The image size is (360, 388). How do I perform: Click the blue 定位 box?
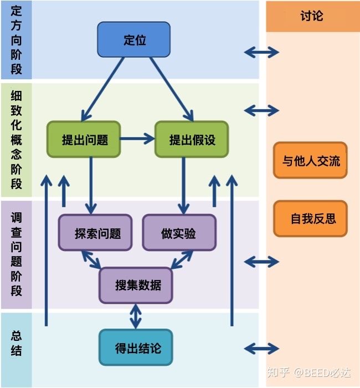coord(133,39)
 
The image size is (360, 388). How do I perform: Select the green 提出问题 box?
coord(84,139)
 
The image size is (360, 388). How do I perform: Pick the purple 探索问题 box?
coord(96,233)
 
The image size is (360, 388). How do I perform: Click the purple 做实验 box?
coord(179,233)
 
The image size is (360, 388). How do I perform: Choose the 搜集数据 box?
coord(136,285)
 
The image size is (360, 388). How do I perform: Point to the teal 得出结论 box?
coord(136,349)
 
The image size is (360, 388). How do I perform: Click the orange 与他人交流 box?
coord(310,161)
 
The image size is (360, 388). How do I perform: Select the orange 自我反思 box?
coord(310,218)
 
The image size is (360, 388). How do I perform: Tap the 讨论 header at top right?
coord(312,16)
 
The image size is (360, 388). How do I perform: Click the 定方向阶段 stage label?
coord(16,40)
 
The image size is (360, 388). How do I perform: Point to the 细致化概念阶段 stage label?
coord(16,140)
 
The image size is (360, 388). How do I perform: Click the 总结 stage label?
coord(16,343)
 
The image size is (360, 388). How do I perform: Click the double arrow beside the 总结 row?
coord(261,349)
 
